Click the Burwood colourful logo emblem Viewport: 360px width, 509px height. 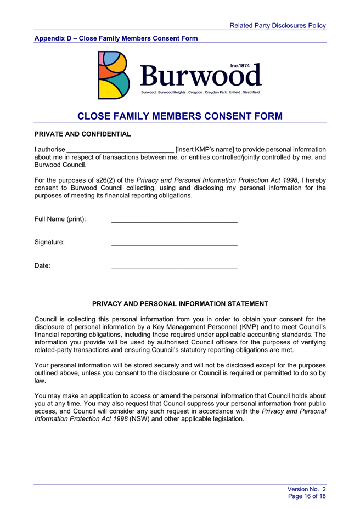click(x=114, y=75)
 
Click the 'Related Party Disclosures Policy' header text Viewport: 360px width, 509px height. click(x=278, y=25)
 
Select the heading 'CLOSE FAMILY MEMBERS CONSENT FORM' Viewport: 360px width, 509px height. click(x=180, y=116)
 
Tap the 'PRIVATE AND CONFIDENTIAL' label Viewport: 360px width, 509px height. click(x=83, y=134)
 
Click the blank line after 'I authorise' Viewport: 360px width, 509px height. click(x=120, y=150)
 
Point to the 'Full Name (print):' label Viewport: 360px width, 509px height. click(x=60, y=219)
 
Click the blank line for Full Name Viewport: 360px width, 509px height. click(x=174, y=220)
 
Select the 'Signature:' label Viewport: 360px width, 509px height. click(x=49, y=242)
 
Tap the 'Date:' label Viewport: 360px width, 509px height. click(x=42, y=266)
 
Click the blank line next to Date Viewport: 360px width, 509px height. click(x=174, y=268)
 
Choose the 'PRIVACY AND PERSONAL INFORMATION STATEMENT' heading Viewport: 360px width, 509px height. click(x=180, y=304)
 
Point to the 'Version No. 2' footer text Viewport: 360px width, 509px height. click(x=307, y=489)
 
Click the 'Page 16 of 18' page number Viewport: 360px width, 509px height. click(x=307, y=496)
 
